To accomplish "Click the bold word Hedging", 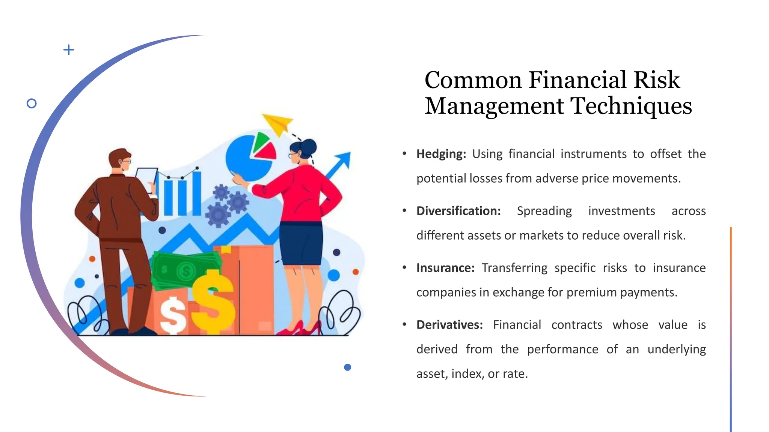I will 441,154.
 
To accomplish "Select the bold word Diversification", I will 458,211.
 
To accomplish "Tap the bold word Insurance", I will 445,268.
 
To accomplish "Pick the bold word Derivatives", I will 449,325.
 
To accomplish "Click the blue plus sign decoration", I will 69,50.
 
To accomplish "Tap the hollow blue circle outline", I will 32,103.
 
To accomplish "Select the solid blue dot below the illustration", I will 347,367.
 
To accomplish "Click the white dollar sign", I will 173,315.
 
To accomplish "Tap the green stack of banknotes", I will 184,268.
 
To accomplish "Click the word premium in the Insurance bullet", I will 591,292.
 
